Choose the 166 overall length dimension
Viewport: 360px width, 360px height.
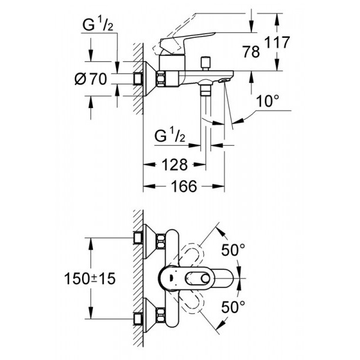(x=184, y=187)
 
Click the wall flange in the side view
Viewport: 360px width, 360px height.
(x=148, y=78)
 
